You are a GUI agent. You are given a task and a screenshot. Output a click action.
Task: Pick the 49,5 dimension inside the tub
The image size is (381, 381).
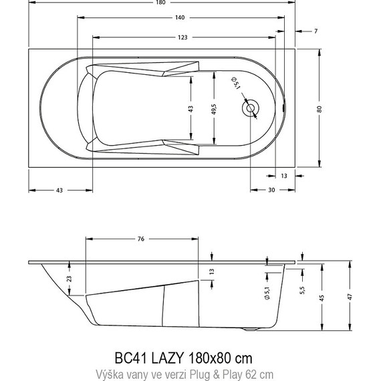[214, 108]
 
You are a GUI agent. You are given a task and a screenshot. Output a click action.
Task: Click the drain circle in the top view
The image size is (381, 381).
[251, 108]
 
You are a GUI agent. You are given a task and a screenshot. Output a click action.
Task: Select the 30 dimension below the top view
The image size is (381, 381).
[271, 190]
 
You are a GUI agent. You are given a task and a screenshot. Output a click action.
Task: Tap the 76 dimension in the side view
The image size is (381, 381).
[141, 239]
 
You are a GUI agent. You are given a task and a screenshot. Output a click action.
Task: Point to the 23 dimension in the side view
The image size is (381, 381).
[70, 279]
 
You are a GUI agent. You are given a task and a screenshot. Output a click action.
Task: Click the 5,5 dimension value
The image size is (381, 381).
[302, 291]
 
